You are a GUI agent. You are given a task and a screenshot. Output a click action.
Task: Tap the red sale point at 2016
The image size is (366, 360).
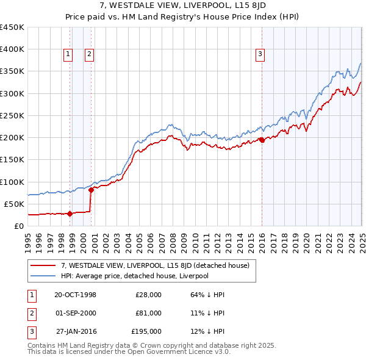coord(262,140)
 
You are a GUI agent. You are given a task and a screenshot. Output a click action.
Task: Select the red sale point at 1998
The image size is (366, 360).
coord(70,214)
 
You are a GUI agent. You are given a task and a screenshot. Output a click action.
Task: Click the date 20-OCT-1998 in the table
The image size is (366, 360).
coord(76,295)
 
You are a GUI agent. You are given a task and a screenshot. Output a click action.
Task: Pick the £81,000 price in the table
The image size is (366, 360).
coord(148,313)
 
